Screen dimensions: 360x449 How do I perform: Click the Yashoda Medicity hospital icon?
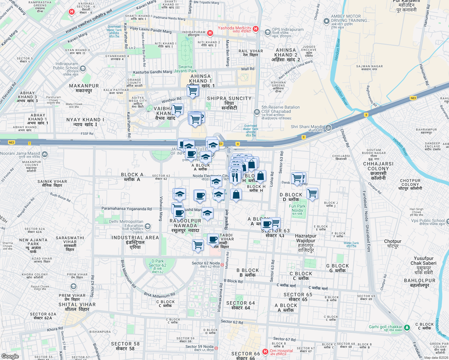[x=255, y=29]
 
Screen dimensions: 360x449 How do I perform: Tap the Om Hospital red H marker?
[x=265, y=351]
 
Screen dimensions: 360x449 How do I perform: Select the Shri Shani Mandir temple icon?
[x=328, y=127]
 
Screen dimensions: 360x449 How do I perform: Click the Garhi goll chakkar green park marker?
[x=407, y=328]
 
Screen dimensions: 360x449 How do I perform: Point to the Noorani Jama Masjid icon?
[x=45, y=154]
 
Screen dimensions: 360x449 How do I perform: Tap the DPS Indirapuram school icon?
[x=267, y=32]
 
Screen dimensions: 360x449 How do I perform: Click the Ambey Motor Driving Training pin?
[x=326, y=21]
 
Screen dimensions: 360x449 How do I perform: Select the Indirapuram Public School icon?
[x=83, y=68]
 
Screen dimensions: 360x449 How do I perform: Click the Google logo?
[x=10, y=356]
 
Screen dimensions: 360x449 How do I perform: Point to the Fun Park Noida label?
[x=297, y=208]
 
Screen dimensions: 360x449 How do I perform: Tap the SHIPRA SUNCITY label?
[x=229, y=98]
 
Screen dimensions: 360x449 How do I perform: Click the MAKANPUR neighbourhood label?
[x=84, y=86]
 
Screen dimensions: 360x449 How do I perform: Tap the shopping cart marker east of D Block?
[x=312, y=193]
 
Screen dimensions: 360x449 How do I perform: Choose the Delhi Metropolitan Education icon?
[x=147, y=226]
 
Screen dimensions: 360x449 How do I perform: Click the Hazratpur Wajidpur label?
[x=306, y=238]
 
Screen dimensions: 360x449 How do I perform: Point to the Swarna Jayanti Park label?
[x=185, y=69]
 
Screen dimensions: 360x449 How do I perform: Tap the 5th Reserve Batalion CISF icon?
[x=257, y=112]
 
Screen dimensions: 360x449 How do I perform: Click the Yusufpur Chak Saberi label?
[x=423, y=261]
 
